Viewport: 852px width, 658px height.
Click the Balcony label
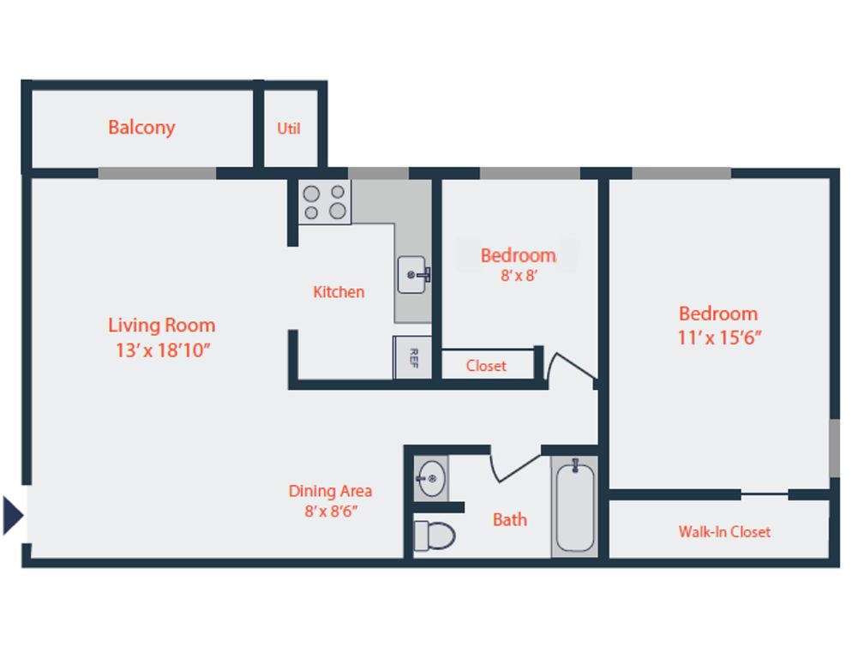pos(141,128)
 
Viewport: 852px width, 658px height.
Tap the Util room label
pos(289,129)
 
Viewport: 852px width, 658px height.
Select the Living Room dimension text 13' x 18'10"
pos(163,350)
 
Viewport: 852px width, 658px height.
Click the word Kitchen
pos(339,292)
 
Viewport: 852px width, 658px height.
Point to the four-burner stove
pos(325,201)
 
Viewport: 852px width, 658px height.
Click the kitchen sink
pos(413,275)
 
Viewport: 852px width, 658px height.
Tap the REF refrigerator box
pos(412,357)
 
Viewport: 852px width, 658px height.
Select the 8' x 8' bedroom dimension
pos(519,276)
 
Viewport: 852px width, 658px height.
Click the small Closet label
pos(486,366)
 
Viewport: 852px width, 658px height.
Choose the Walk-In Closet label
pos(724,531)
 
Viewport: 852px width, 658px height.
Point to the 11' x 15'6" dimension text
pos(719,338)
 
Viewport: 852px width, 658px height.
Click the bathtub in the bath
pos(575,505)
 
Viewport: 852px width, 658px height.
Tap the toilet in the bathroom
pos(435,535)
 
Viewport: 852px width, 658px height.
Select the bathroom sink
pos(431,479)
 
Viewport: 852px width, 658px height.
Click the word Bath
pos(510,520)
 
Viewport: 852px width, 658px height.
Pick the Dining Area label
pos(330,491)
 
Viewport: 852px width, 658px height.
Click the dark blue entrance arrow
pos(13,515)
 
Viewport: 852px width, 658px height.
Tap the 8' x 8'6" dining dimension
pos(331,511)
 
